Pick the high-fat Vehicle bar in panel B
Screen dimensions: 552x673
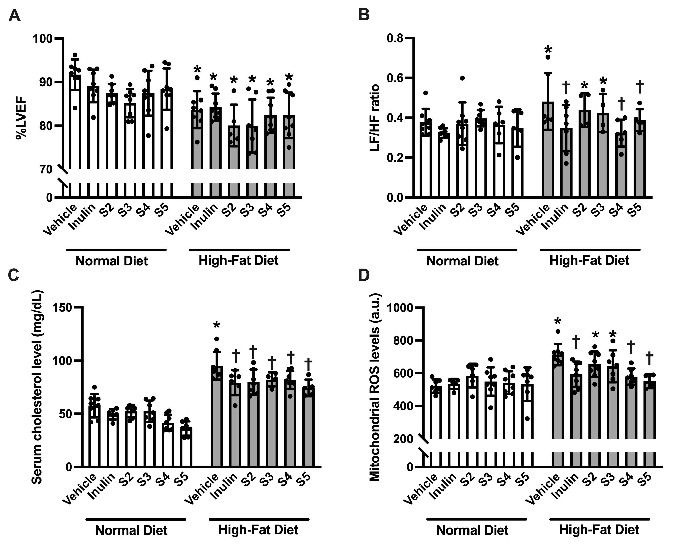coord(548,149)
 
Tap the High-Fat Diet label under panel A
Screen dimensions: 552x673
coord(239,260)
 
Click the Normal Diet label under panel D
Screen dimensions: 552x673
coord(473,530)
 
